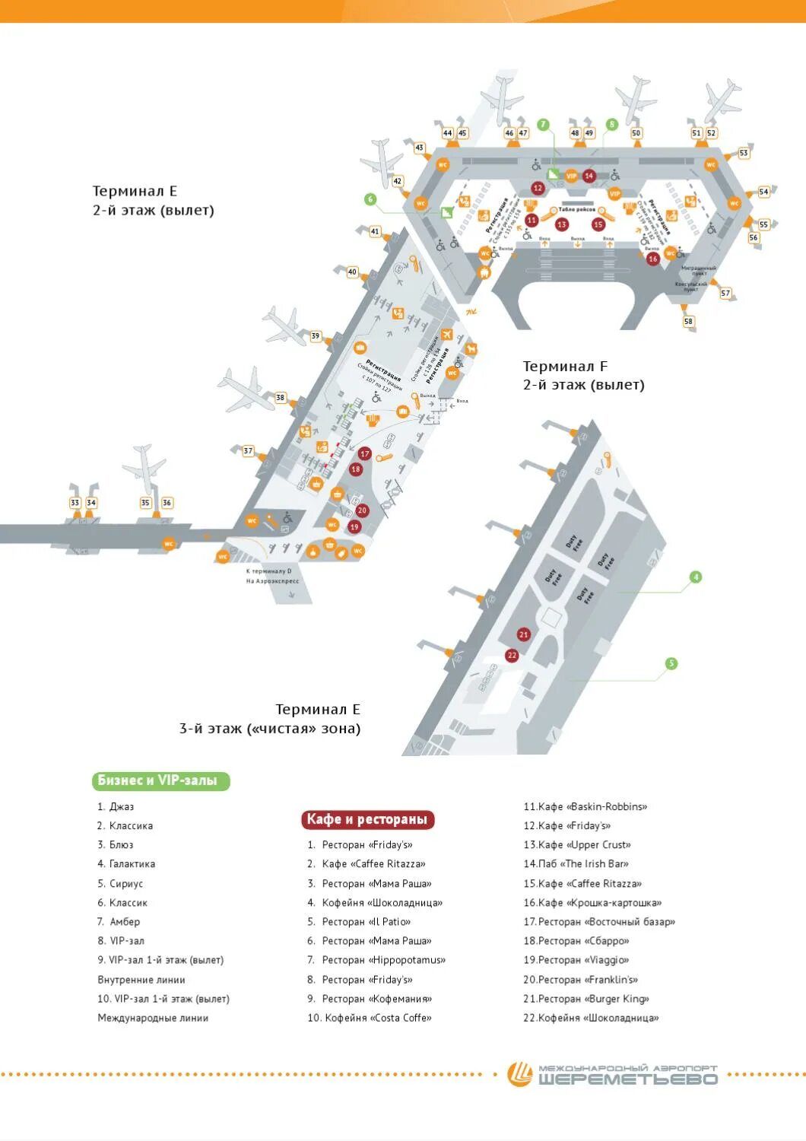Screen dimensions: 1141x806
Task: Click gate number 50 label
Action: click(636, 133)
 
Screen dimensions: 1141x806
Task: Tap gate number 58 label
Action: click(689, 321)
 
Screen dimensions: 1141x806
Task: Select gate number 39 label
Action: click(316, 336)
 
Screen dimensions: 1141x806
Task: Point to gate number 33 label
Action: click(75, 502)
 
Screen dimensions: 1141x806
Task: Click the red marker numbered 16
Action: click(652, 259)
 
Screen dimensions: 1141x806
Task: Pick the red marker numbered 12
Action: click(538, 188)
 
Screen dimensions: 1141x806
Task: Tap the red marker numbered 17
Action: click(365, 454)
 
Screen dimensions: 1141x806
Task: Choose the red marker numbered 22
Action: click(512, 655)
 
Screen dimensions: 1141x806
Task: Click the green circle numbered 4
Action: click(695, 577)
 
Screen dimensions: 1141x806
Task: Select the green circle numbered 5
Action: click(671, 663)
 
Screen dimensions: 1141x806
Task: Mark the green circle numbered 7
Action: click(543, 125)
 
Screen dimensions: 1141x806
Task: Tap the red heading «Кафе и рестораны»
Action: click(367, 819)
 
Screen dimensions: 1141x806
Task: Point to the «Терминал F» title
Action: click(565, 367)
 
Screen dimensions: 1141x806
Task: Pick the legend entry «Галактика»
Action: click(132, 864)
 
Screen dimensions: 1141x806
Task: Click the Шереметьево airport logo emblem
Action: click(521, 1074)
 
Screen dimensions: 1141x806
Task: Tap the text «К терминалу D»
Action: click(268, 570)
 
